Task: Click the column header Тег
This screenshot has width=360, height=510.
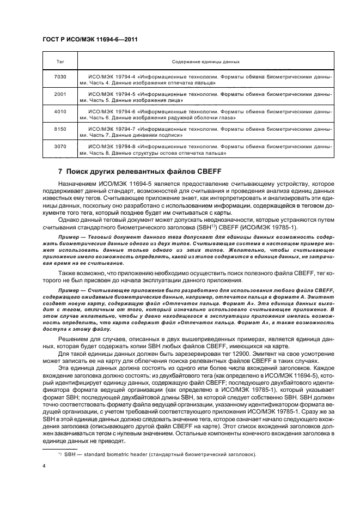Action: [x=60, y=62]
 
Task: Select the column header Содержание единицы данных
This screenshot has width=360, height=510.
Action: [x=206, y=62]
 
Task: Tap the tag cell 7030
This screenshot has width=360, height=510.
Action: [x=60, y=77]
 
